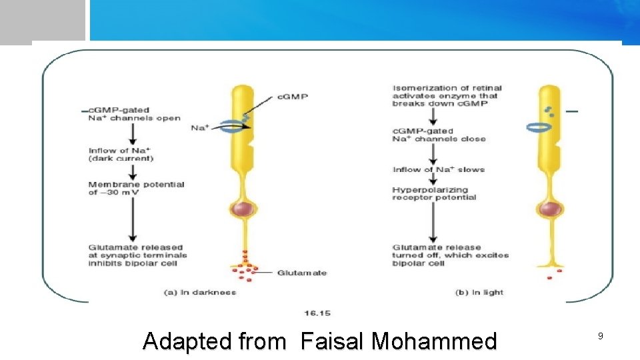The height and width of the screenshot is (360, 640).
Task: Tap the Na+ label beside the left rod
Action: (x=199, y=127)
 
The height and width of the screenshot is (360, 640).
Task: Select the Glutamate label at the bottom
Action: (x=301, y=273)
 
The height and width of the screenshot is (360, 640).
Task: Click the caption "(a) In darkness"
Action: (x=200, y=292)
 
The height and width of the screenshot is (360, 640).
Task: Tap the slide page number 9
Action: (x=600, y=337)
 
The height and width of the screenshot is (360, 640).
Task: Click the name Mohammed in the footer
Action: (x=434, y=341)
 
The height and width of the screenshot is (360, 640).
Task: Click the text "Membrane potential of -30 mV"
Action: (x=136, y=189)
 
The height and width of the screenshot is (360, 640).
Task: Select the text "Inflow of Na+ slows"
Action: (x=438, y=169)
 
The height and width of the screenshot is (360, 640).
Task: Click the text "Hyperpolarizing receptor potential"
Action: (x=434, y=193)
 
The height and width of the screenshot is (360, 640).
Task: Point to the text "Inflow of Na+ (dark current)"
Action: (x=121, y=155)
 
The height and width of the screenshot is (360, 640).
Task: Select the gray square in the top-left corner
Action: (x=43, y=20)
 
